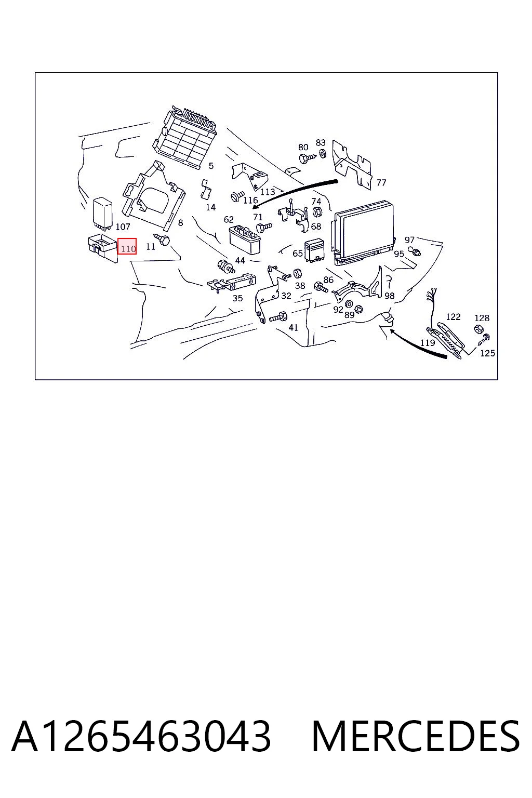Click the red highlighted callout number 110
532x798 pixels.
127,246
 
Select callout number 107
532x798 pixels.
123,226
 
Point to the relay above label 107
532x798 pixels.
102,212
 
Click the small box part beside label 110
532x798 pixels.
103,247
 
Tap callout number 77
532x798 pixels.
381,183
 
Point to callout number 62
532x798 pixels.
229,219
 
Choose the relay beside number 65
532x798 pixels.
314,251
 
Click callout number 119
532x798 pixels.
428,343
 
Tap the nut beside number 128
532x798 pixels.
478,328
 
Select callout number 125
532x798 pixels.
488,353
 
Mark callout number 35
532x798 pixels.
237,298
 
